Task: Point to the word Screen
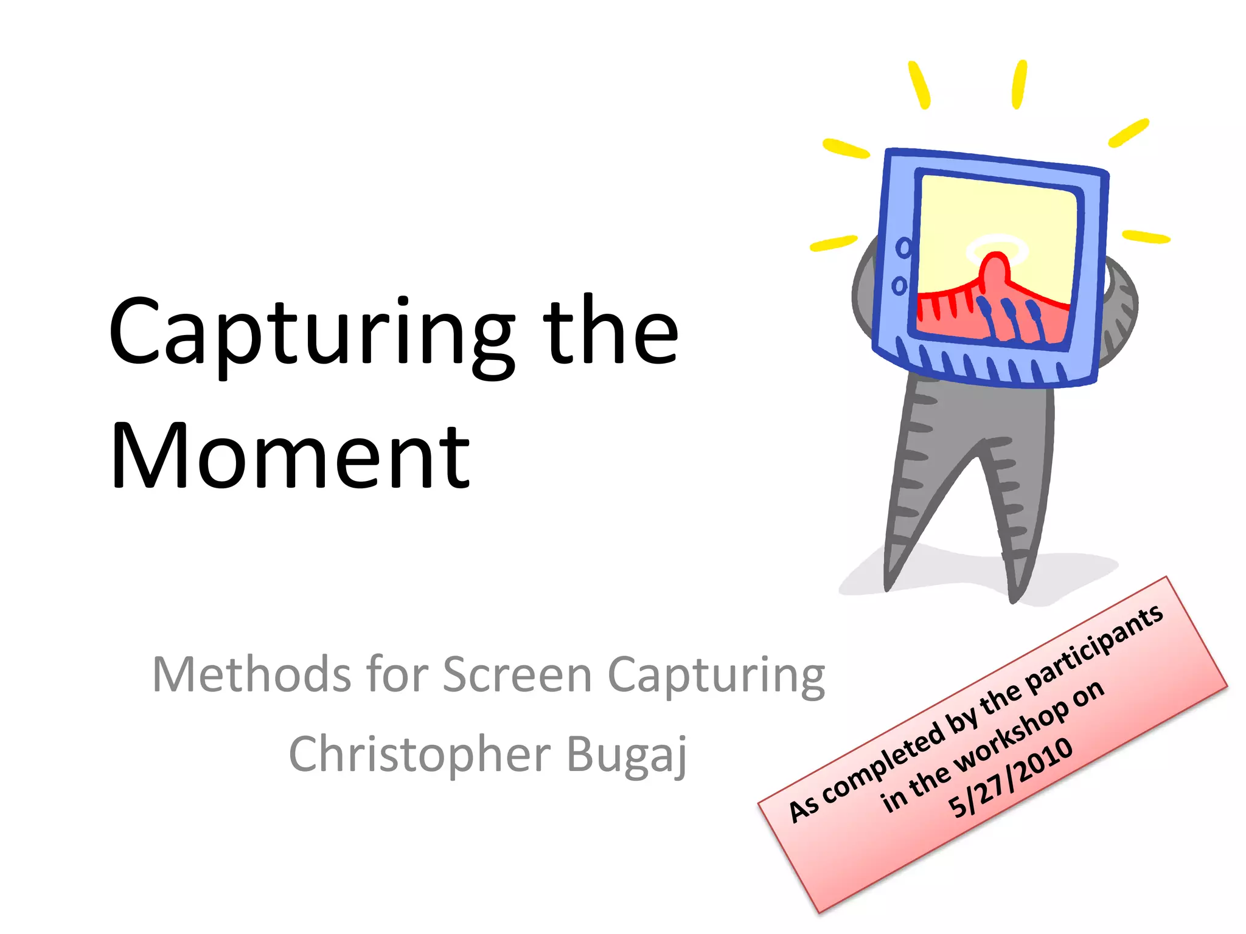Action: pos(517,675)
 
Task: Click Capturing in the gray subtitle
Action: pos(717,676)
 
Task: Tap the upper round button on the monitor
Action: pos(904,247)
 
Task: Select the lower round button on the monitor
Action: pos(899,285)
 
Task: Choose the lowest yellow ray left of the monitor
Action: pos(834,243)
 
